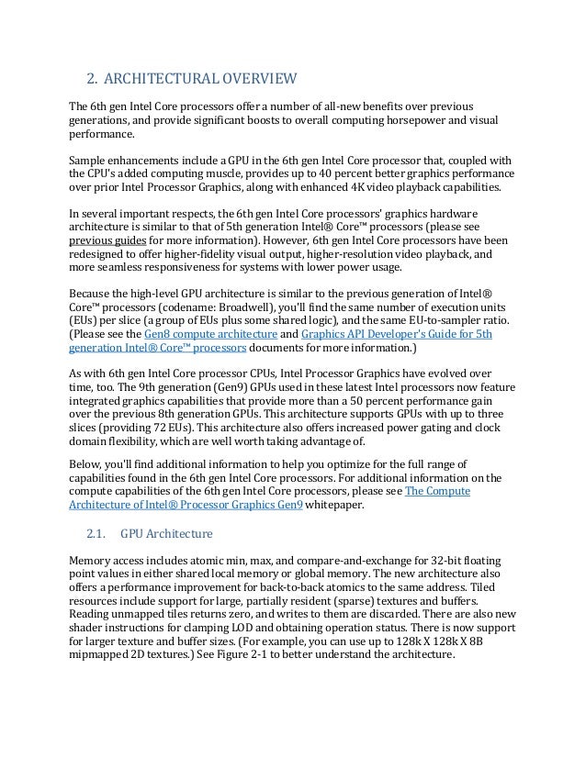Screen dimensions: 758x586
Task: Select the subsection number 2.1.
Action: point(96,533)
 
